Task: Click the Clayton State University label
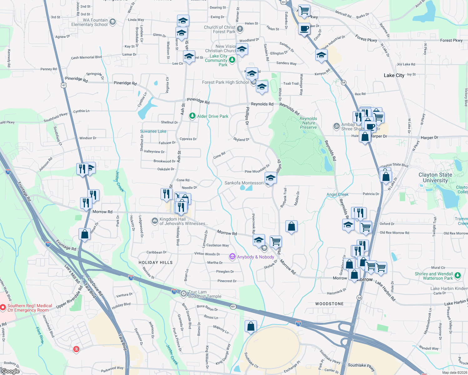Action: pyautogui.click(x=435, y=177)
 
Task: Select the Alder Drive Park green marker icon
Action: pyautogui.click(x=192, y=116)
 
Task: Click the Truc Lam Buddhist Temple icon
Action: pyautogui.click(x=184, y=293)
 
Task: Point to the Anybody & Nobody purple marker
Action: pyautogui.click(x=232, y=257)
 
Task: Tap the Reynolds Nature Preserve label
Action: pyautogui.click(x=308, y=123)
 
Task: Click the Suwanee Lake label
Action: pyautogui.click(x=153, y=131)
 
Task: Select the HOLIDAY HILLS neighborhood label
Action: pyautogui.click(x=155, y=262)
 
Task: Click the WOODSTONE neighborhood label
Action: pyautogui.click(x=329, y=304)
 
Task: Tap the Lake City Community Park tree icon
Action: pyautogui.click(x=232, y=60)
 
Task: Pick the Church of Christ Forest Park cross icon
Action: pyautogui.click(x=240, y=29)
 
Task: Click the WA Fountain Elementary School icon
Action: pyautogui.click(x=113, y=22)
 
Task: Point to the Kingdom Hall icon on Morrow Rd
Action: pyautogui.click(x=155, y=221)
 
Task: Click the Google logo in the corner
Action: pyautogui.click(x=10, y=371)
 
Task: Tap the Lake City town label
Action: pyautogui.click(x=394, y=75)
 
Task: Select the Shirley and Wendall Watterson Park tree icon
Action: pyautogui.click(x=458, y=275)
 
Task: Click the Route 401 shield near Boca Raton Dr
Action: pyautogui.click(x=233, y=307)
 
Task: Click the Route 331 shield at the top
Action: pyautogui.click(x=283, y=2)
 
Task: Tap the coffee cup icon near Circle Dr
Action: pyautogui.click(x=304, y=29)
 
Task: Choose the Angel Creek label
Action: pyautogui.click(x=337, y=194)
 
